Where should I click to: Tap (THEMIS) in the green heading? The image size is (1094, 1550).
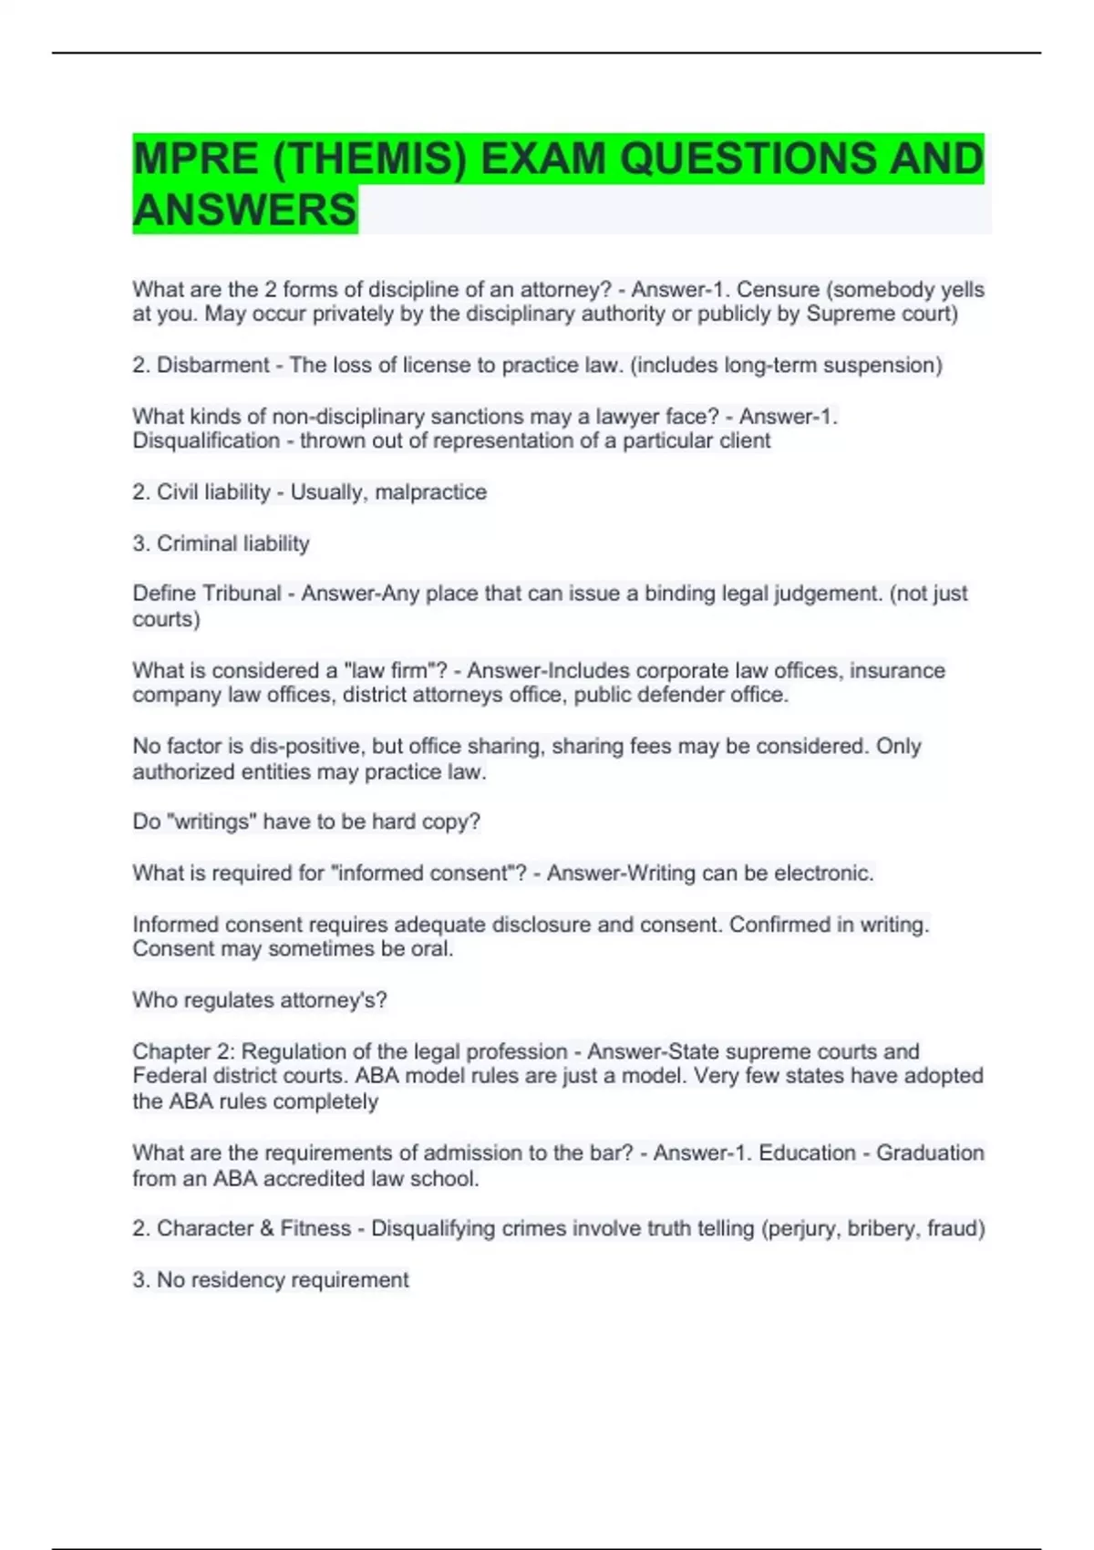[x=369, y=159]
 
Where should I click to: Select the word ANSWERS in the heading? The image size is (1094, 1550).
[x=244, y=210]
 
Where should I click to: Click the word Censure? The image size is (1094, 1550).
[x=778, y=290]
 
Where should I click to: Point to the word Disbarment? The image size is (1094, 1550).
[x=213, y=366]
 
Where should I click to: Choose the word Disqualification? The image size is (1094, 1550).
[x=206, y=441]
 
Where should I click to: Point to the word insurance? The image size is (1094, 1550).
[x=897, y=671]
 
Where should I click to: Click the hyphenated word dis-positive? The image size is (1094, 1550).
[x=305, y=747]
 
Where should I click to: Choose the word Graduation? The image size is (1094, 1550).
[x=930, y=1153]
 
